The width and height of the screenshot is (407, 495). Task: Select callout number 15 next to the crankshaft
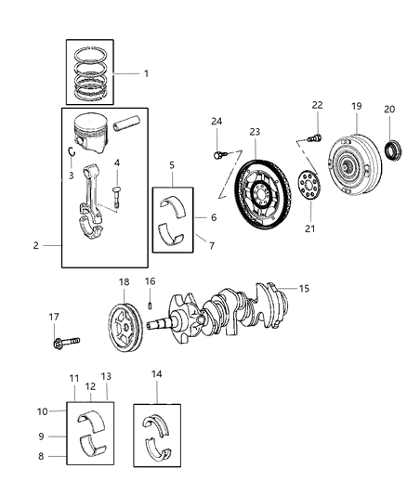tap(303, 290)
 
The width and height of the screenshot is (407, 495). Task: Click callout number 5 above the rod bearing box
tap(171, 166)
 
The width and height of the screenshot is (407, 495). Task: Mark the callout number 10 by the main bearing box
tap(43, 410)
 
